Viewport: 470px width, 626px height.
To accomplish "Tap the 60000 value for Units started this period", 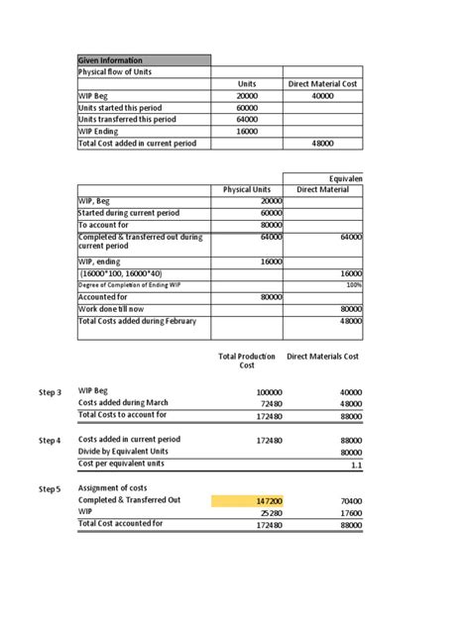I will tap(247, 108).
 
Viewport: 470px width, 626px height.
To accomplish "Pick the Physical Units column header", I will tap(247, 189).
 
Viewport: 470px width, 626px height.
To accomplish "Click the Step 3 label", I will tap(50, 392).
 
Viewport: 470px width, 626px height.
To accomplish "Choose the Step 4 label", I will tap(50, 440).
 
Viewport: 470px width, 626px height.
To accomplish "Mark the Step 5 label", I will tap(50, 489).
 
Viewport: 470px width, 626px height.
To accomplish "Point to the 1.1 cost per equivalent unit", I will tap(355, 464).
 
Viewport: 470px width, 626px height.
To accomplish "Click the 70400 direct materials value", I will tap(350, 501).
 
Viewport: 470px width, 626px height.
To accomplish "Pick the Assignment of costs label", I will tap(113, 488).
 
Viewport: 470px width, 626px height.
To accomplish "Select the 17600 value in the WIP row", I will tap(350, 513).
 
